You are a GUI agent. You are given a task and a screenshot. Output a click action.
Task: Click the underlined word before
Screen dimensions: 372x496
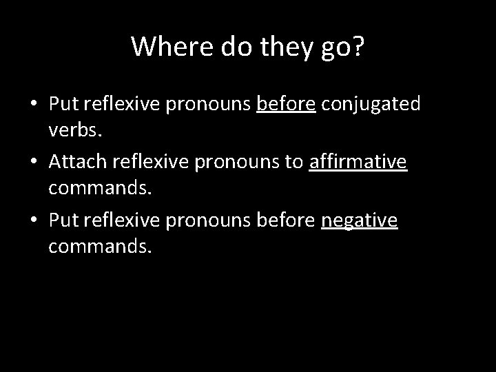point(286,103)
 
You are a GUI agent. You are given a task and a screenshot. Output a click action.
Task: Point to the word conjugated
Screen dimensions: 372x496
point(371,103)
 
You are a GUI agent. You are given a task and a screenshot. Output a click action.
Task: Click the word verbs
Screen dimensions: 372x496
point(74,129)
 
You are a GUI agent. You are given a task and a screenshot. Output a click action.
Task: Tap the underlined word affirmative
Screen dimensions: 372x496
point(358,161)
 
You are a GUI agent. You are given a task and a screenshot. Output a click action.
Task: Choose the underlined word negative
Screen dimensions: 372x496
point(359,219)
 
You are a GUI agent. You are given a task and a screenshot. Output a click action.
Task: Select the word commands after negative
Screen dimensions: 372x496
point(98,245)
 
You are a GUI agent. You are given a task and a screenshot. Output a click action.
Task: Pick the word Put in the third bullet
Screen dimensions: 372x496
point(63,219)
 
